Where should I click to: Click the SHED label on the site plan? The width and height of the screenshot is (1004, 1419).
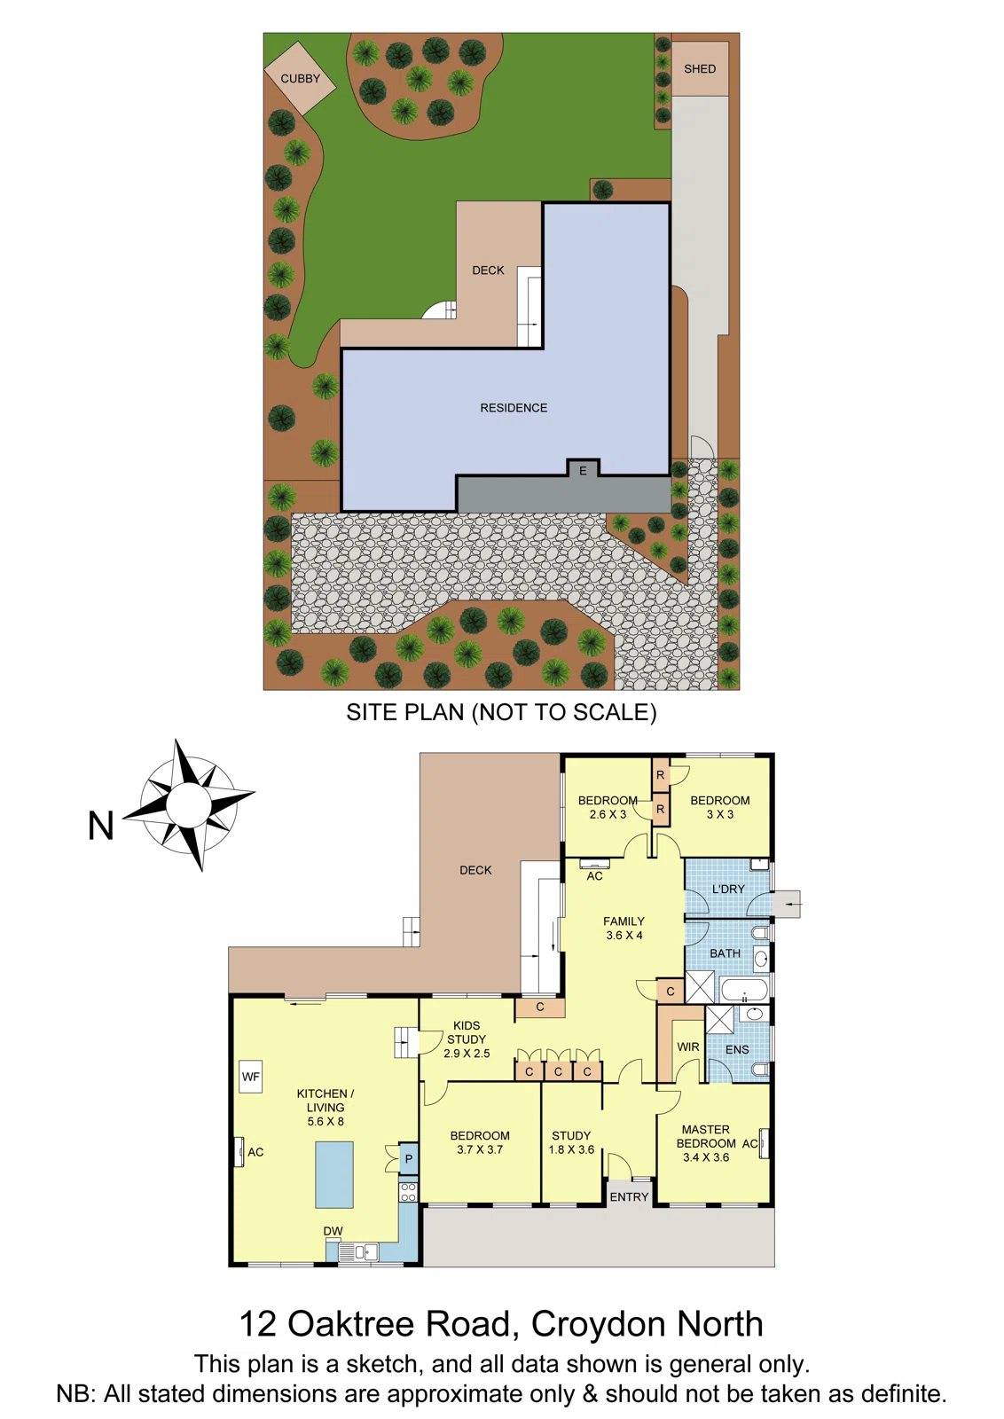tap(700, 69)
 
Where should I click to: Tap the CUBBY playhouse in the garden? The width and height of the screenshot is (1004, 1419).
tap(300, 78)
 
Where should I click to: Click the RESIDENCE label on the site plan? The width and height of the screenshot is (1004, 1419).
tap(514, 408)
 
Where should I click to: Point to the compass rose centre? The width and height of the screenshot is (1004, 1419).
tap(188, 804)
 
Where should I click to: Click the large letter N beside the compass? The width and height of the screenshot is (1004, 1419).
tap(101, 827)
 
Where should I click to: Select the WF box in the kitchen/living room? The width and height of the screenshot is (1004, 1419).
tap(251, 1077)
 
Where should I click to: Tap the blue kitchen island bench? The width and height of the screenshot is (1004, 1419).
tap(334, 1174)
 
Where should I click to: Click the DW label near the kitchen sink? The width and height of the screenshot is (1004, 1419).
tap(333, 1231)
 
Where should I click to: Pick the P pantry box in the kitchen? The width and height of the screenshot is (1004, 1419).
tap(408, 1159)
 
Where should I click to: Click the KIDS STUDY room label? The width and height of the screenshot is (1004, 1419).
tap(467, 1032)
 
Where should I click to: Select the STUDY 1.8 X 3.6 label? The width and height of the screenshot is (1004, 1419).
tap(571, 1142)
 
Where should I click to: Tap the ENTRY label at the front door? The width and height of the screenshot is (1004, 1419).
tap(630, 1197)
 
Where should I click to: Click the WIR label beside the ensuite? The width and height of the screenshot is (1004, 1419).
tap(688, 1047)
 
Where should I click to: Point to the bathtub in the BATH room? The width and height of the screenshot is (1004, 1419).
tap(744, 990)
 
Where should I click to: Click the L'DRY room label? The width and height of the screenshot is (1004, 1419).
tap(728, 889)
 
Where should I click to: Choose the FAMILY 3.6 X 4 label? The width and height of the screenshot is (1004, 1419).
tap(624, 928)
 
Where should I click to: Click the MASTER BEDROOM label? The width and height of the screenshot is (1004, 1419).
tap(706, 1137)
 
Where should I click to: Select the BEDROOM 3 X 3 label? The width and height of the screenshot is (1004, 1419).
tap(720, 807)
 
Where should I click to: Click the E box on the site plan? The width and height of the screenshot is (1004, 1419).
tap(583, 471)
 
